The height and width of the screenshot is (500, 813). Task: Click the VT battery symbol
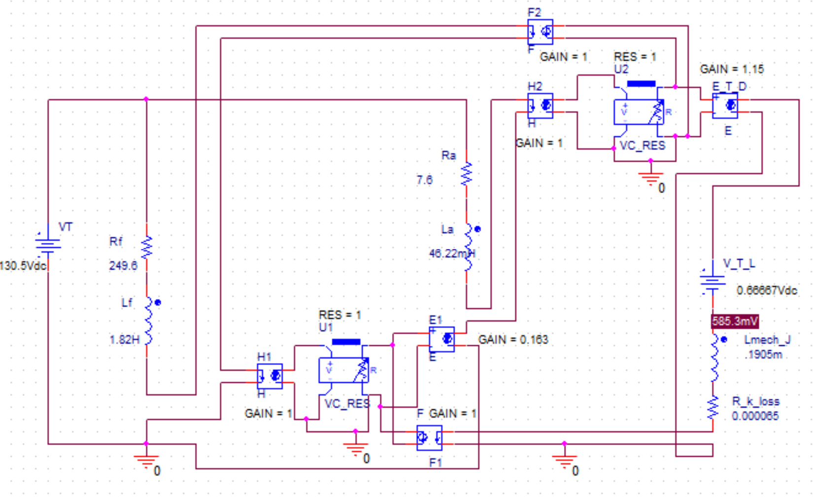(x=48, y=244)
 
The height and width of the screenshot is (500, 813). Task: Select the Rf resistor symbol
(x=147, y=248)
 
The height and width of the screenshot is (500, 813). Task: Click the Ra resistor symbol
(x=466, y=174)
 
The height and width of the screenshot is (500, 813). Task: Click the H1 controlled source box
(x=270, y=376)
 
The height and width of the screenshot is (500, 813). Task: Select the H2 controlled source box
(x=540, y=106)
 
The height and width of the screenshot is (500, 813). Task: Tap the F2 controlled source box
(x=540, y=32)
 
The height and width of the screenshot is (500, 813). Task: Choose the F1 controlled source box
(x=429, y=438)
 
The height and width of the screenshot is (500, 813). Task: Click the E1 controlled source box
(x=441, y=339)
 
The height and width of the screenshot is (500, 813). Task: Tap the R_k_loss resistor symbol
(x=712, y=408)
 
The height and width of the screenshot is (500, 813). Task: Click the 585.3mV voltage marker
(x=735, y=322)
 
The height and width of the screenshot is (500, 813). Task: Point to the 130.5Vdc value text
(x=23, y=266)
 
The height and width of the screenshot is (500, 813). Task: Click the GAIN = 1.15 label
(x=732, y=69)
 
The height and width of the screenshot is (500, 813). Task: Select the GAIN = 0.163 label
(x=513, y=340)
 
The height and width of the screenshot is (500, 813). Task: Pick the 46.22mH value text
(x=452, y=254)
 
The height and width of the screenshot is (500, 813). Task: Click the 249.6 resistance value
(x=123, y=266)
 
